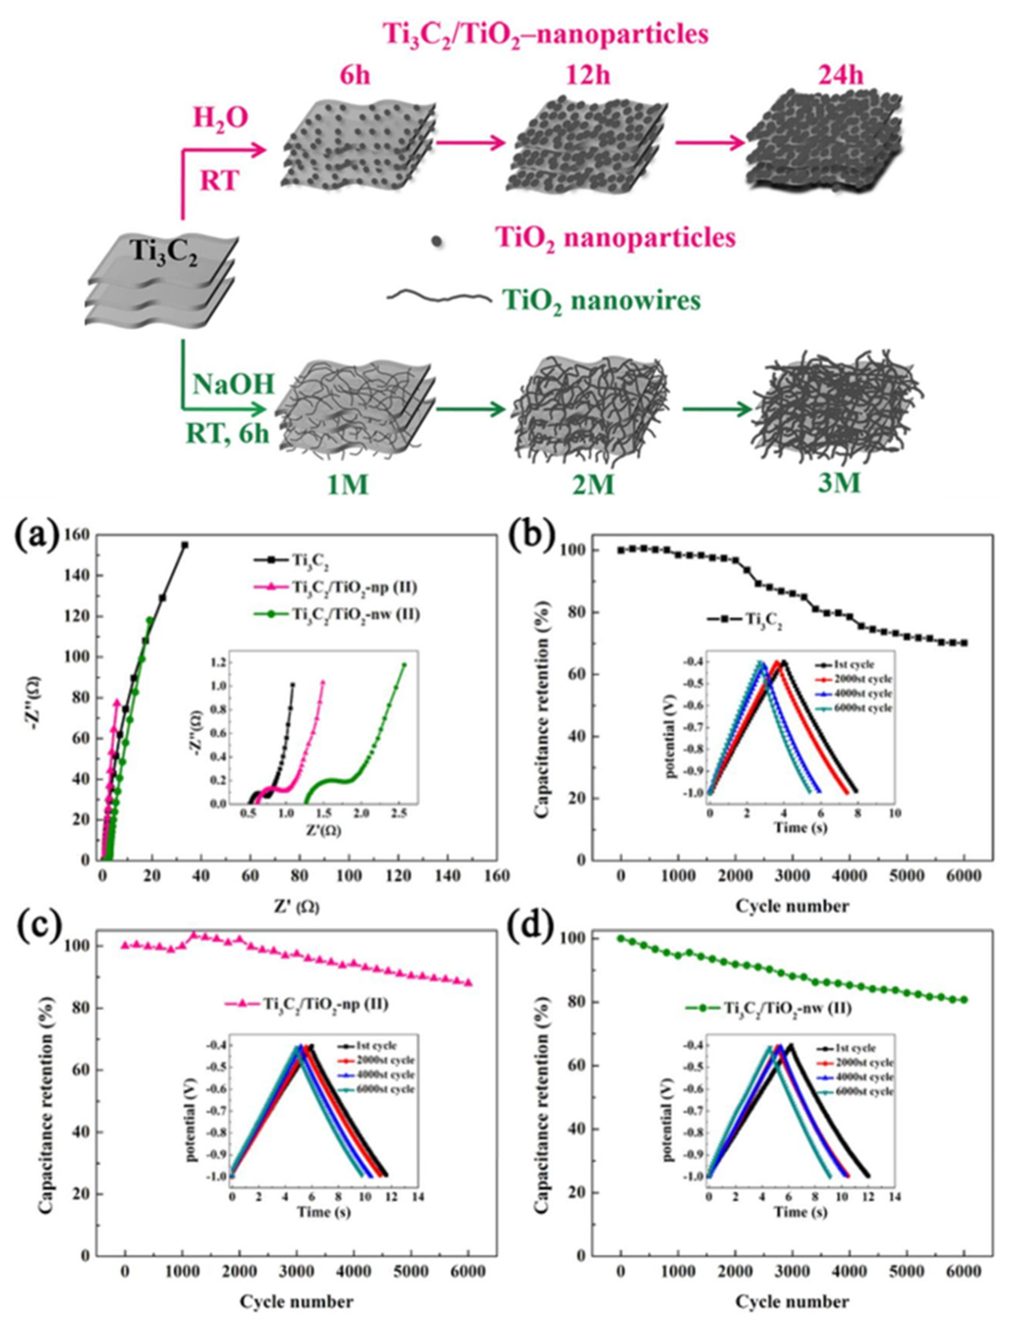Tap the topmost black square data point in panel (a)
point(185,545)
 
